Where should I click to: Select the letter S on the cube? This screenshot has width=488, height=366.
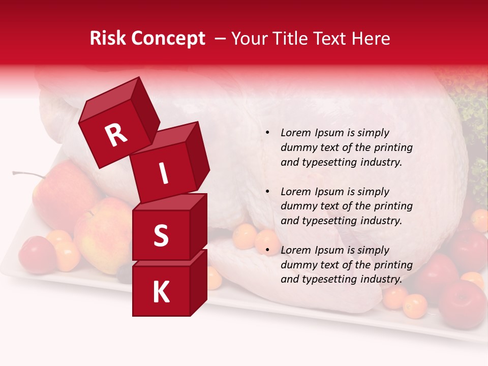tap(161, 236)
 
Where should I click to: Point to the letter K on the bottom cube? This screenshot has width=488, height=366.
tap(161, 292)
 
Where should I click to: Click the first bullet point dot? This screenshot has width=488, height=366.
tap(267, 133)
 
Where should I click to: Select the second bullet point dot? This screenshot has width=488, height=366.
tap(267, 192)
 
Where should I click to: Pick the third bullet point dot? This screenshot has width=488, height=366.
tap(267, 250)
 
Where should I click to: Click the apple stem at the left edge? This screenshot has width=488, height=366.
tap(28, 175)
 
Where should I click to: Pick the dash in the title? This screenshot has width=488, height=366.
tap(220, 39)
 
